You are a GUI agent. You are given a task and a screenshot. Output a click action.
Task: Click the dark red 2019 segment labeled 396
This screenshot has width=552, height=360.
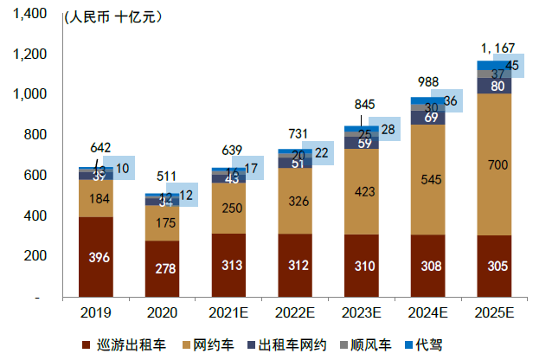coord(96,258)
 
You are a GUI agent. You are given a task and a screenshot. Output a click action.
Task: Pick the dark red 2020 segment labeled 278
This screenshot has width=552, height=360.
coord(163,268)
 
